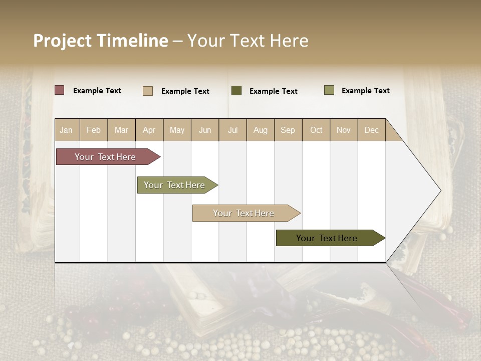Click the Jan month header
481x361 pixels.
coord(66,130)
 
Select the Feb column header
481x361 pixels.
coord(94,130)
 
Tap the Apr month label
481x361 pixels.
coord(149,130)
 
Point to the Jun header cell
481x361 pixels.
coord(205,130)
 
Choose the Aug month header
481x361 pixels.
coord(260,130)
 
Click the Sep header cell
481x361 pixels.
coord(288,130)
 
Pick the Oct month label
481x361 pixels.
coord(316,130)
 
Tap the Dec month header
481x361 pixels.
coord(371,130)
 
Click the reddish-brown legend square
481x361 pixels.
coord(60,90)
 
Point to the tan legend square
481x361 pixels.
coord(148,91)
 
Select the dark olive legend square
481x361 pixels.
coord(236,91)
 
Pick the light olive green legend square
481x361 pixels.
coord(329,90)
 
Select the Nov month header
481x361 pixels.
coord(344,130)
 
